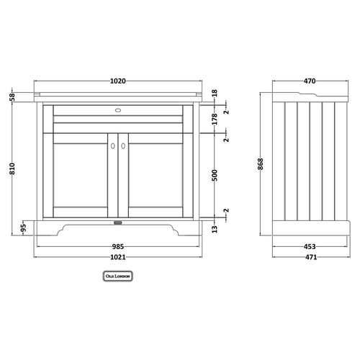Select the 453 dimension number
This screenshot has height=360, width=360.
pyautogui.click(x=307, y=245)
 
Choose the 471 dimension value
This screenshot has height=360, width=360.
pyautogui.click(x=307, y=257)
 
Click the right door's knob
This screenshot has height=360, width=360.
pyautogui.click(x=122, y=146)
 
